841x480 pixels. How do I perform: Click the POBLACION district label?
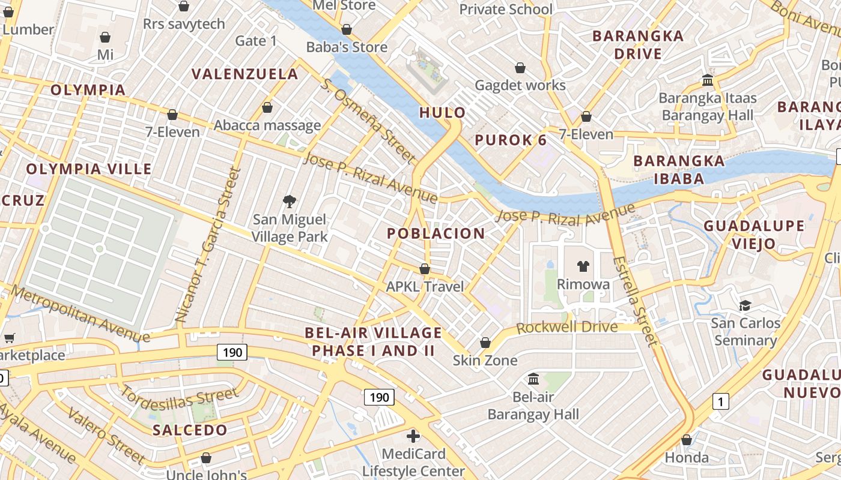click(436, 234)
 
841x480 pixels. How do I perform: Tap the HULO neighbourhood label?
click(442, 112)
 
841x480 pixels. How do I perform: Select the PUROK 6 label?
click(511, 140)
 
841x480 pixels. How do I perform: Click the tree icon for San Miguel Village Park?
click(290, 201)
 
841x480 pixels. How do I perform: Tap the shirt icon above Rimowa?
click(583, 266)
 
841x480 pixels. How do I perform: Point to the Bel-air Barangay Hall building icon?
click(533, 379)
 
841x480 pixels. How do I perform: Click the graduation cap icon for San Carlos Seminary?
click(745, 305)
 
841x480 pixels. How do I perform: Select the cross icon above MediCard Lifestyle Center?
click(413, 436)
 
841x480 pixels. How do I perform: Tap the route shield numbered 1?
click(720, 401)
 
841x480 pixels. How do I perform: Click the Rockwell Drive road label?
click(566, 328)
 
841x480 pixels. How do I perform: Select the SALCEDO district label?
click(190, 430)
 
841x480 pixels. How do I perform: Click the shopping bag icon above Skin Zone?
click(485, 343)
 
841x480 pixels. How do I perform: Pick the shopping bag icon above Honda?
click(687, 440)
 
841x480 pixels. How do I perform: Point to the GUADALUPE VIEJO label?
click(754, 235)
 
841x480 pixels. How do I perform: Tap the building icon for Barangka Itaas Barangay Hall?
click(708, 80)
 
